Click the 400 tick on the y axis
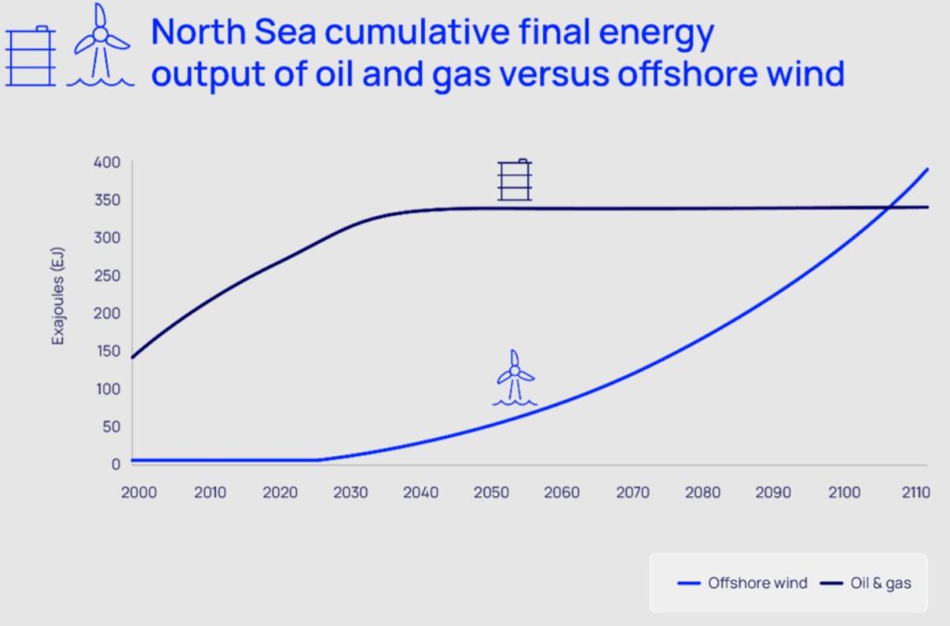[108, 162]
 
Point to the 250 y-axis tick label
[108, 275]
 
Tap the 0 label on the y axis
[116, 465]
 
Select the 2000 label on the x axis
[139, 492]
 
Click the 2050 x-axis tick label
[492, 492]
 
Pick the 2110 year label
[916, 492]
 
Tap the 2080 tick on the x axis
[703, 492]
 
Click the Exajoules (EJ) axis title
[58, 296]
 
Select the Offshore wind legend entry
[742, 583]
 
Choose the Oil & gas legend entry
[866, 583]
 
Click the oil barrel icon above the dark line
[515, 180]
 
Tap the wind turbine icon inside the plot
[515, 377]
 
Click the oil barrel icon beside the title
[31, 56]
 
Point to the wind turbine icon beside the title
[100, 45]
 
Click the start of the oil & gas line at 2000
[133, 357]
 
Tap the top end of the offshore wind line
[928, 169]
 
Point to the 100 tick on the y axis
[109, 389]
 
